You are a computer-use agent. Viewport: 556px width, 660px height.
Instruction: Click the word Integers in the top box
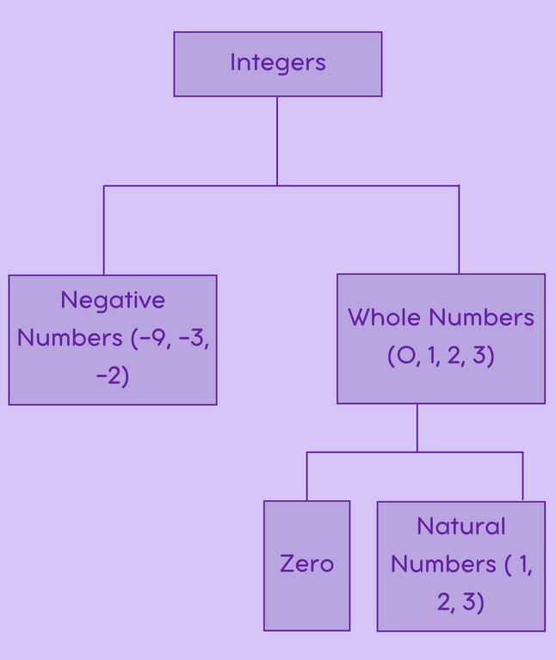pyautogui.click(x=277, y=63)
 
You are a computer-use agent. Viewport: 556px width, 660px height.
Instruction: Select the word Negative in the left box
pyautogui.click(x=113, y=300)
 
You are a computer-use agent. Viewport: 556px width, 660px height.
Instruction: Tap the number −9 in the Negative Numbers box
pyautogui.click(x=151, y=338)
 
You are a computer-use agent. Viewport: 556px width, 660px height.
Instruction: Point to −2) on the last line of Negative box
pyautogui.click(x=113, y=376)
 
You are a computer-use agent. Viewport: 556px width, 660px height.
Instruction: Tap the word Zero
pyautogui.click(x=306, y=564)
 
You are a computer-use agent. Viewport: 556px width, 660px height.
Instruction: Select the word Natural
pyautogui.click(x=461, y=526)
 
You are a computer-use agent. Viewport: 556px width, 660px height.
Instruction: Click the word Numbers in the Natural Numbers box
pyautogui.click(x=443, y=564)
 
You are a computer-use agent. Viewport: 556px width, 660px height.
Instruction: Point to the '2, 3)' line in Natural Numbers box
pyautogui.click(x=461, y=602)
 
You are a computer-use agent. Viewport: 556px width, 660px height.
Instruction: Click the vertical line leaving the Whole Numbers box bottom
pyautogui.click(x=417, y=427)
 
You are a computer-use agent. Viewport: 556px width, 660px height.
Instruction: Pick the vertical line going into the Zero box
pyautogui.click(x=307, y=476)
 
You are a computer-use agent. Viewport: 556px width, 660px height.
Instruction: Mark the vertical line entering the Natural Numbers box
pyautogui.click(x=522, y=476)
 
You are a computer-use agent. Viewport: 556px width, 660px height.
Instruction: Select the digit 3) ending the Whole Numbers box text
pyautogui.click(x=485, y=356)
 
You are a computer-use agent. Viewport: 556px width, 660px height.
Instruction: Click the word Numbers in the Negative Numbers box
pyautogui.click(x=70, y=338)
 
